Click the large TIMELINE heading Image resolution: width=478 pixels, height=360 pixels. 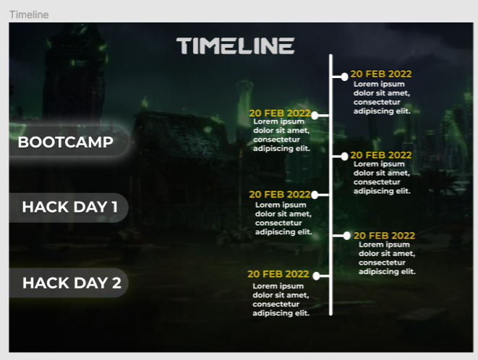(x=235, y=46)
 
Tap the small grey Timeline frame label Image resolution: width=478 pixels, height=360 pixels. (x=29, y=14)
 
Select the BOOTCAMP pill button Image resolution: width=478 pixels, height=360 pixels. (x=66, y=142)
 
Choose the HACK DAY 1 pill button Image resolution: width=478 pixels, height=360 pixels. (x=69, y=207)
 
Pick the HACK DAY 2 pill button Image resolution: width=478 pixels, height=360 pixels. (x=71, y=283)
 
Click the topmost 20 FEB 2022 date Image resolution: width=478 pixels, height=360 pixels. (x=381, y=74)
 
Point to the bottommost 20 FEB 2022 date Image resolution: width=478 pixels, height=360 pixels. (x=278, y=274)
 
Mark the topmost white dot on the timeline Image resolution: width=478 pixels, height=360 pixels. (x=345, y=77)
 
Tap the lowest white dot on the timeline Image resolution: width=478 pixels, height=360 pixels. (x=316, y=275)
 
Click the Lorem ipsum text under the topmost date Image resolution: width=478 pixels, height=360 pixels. (x=382, y=98)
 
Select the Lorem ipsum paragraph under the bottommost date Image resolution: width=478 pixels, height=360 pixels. (x=281, y=299)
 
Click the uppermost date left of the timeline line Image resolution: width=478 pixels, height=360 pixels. (x=279, y=113)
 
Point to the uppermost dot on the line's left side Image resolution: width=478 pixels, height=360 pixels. (x=315, y=114)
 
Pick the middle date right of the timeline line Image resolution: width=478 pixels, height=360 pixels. (x=381, y=155)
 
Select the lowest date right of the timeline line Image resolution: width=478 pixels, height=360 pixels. (x=384, y=236)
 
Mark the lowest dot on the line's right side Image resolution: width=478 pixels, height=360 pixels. (x=347, y=236)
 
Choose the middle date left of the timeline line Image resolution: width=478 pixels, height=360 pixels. (x=279, y=194)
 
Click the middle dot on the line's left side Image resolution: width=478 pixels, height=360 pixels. (x=315, y=194)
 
